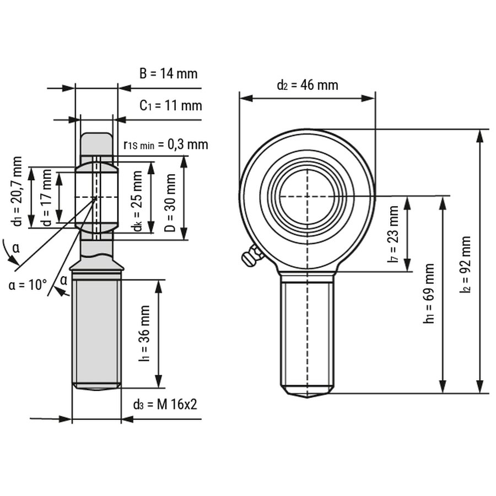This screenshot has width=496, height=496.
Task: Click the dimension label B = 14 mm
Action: (x=168, y=74)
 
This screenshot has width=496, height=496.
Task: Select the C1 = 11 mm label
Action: (x=170, y=105)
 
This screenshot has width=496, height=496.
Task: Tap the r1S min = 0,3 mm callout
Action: (x=166, y=144)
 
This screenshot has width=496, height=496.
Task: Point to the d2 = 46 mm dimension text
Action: (x=307, y=85)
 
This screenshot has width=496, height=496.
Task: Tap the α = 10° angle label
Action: (x=28, y=285)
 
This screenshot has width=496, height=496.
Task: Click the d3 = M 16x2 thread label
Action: (x=165, y=405)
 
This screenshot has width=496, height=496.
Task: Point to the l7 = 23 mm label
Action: (x=393, y=234)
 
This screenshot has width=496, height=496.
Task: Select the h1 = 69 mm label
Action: (x=429, y=293)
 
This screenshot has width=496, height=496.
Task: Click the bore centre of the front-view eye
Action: (x=307, y=196)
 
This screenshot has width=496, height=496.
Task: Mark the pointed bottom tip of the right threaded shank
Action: (x=307, y=396)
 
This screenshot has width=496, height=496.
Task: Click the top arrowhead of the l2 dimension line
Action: (x=480, y=135)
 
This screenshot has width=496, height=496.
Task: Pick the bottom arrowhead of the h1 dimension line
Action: (x=442, y=388)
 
